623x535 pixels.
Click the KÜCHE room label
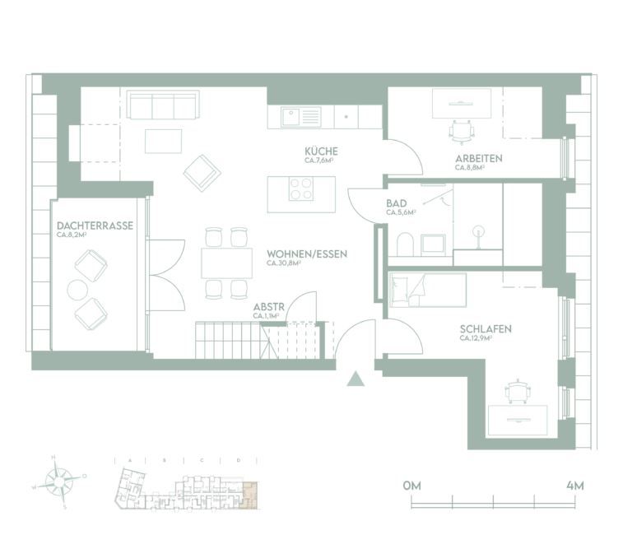[x=321, y=152]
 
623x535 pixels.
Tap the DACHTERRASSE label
[x=95, y=225]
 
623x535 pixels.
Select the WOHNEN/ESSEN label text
[x=307, y=254]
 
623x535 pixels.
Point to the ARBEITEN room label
[x=478, y=158]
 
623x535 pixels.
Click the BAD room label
[x=397, y=202]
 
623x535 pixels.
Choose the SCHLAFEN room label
[x=486, y=329]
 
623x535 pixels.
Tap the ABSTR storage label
[x=268, y=306]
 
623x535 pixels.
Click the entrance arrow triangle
[x=355, y=379]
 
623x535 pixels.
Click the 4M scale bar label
[x=575, y=486]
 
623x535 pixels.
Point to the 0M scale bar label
[x=411, y=486]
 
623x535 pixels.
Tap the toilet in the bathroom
[x=404, y=244]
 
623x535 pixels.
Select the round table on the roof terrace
[x=78, y=290]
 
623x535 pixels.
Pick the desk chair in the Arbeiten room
[x=462, y=129]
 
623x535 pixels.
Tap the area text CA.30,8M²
[x=282, y=264]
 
